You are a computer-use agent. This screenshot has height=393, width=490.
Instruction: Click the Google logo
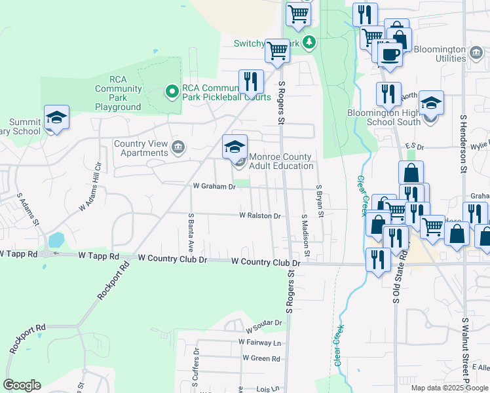point(22,385)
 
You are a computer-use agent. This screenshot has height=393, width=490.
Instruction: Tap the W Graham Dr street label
point(214,187)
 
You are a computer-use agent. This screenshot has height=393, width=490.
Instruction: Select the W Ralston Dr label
point(260,215)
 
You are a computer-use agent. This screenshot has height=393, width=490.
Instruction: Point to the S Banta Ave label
point(191,233)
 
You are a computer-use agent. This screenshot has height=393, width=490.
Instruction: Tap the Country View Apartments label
point(141,148)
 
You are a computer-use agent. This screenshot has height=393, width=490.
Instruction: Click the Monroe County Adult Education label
point(281,161)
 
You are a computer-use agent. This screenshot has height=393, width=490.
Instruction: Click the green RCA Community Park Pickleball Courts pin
point(172,91)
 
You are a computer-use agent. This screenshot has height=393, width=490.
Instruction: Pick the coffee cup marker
point(390,55)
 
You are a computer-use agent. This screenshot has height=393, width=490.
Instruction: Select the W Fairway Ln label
point(259,342)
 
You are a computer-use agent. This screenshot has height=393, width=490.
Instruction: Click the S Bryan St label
point(319,202)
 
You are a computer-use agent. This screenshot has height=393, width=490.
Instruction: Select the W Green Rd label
point(261,358)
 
